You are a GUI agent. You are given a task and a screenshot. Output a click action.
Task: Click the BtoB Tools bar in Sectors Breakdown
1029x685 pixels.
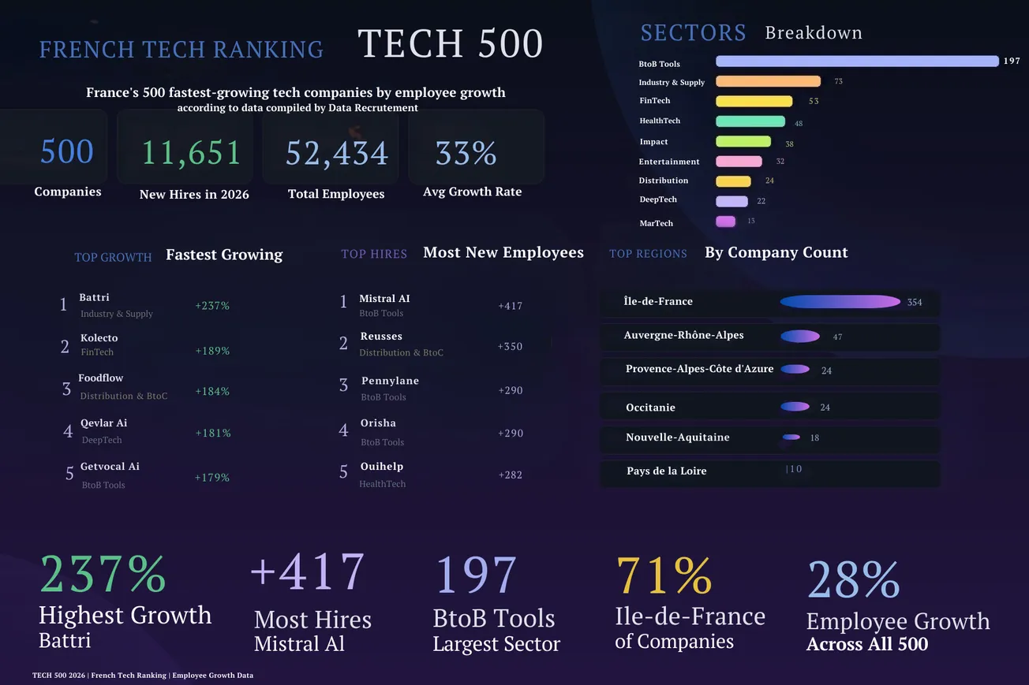857,61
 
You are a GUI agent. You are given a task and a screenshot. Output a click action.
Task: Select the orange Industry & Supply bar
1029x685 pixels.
768,81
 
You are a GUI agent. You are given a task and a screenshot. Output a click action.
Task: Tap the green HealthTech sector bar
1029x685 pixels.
750,121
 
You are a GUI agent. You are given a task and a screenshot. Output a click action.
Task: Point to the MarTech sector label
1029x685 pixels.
657,223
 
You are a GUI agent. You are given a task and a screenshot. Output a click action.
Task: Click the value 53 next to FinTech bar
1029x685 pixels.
814,101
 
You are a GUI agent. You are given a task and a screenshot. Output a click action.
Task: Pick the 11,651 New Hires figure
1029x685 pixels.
192,152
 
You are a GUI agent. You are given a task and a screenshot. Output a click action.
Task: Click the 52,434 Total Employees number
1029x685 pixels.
337,153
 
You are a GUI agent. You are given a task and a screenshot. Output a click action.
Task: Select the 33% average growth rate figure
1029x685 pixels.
466,153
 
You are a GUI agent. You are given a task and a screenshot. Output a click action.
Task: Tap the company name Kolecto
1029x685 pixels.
99,338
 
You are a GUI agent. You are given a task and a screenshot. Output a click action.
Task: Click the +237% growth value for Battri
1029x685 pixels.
212,305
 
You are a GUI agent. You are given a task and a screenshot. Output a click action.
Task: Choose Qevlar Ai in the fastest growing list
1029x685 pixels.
103,423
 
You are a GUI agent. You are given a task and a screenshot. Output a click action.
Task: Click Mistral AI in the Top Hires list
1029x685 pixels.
384,299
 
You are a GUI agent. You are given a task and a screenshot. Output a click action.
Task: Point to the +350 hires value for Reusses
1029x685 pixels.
510,346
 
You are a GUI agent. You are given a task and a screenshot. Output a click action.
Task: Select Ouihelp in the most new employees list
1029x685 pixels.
382,467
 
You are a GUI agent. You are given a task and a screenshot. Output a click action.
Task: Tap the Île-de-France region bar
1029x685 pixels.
840,302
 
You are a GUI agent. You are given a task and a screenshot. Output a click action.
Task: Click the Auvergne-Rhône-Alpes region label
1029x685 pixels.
683,335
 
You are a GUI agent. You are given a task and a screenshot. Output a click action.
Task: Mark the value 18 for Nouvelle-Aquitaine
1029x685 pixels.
814,437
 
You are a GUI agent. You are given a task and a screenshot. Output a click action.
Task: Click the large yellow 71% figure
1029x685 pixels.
664,576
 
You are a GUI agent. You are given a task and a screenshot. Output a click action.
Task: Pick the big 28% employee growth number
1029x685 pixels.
853,581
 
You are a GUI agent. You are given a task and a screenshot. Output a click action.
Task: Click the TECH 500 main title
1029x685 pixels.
451,44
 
